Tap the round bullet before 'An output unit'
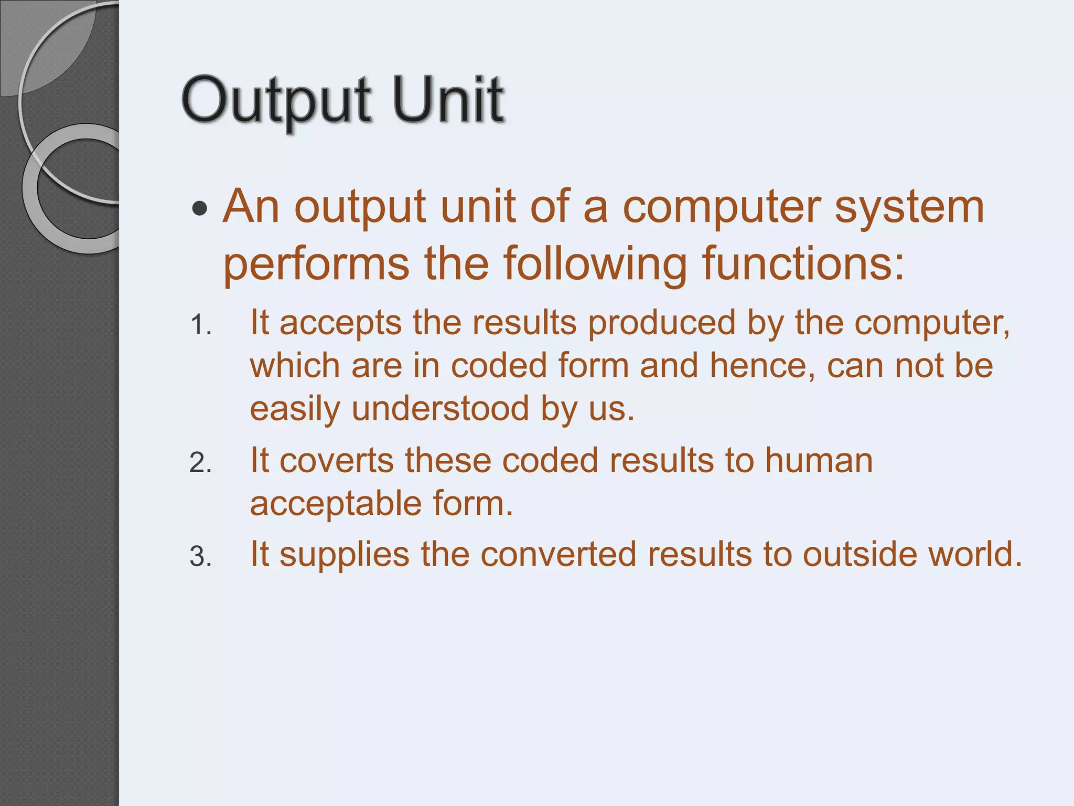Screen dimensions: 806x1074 [x=200, y=209]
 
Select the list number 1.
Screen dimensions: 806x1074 [x=200, y=325]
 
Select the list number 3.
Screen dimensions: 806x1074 [x=200, y=557]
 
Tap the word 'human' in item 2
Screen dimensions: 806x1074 [x=819, y=461]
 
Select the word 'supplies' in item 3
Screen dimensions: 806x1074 [x=344, y=555]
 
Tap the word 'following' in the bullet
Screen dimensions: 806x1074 [x=595, y=263]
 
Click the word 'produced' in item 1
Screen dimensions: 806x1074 [x=662, y=323]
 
